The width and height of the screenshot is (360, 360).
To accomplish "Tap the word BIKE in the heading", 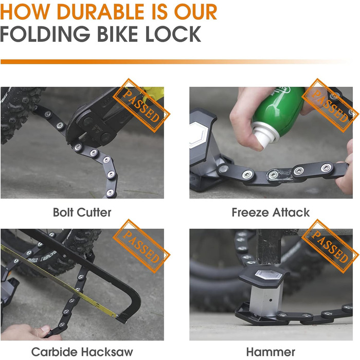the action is (117, 34).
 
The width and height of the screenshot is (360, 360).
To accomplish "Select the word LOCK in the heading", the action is (173, 34).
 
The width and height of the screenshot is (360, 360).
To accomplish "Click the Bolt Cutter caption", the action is (82, 212).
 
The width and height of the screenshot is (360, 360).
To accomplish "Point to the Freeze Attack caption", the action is (271, 212).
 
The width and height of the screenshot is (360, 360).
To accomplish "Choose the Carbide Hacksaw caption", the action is (82, 352).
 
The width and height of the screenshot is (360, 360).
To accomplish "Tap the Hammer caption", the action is (271, 352).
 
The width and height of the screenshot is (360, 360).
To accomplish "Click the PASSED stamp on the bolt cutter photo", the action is (141, 105).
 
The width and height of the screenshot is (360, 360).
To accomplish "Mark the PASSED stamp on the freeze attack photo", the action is (330, 105).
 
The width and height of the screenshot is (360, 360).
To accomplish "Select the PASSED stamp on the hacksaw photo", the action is (141, 246).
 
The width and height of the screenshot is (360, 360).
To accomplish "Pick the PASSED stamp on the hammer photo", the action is (330, 246).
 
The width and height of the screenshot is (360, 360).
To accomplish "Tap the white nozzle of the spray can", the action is (264, 137).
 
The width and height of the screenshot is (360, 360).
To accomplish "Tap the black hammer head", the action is (268, 247).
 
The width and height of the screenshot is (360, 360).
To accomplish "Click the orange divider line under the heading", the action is (174, 62).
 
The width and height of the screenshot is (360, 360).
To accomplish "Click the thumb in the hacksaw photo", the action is (40, 331).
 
